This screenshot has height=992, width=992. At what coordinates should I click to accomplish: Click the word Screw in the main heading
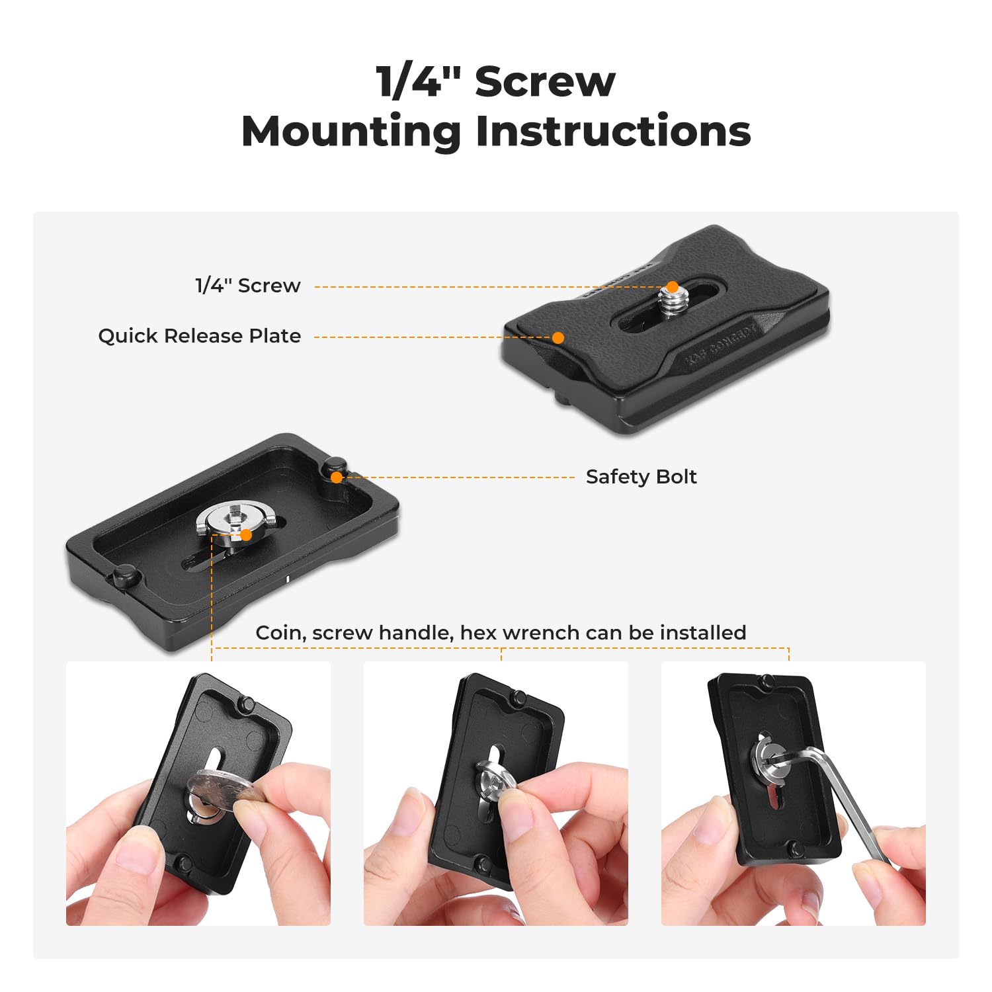click(x=545, y=82)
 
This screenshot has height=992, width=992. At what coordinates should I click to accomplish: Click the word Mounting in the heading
click(x=351, y=131)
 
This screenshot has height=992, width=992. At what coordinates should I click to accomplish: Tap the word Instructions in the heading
click(x=613, y=131)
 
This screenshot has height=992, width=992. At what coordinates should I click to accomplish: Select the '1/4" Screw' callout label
click(x=248, y=286)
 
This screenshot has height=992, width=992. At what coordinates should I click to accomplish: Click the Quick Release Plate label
click(x=199, y=336)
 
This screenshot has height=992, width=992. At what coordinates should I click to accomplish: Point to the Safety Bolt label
click(x=641, y=477)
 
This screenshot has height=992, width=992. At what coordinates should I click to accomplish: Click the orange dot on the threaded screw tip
click(x=672, y=287)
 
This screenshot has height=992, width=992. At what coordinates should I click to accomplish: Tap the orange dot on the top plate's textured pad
click(x=558, y=338)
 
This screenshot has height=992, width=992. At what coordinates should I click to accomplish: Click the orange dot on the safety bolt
click(x=337, y=477)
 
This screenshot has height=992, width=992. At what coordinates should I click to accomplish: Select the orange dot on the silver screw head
click(x=246, y=535)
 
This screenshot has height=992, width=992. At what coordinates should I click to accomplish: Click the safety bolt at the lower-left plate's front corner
click(x=125, y=575)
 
